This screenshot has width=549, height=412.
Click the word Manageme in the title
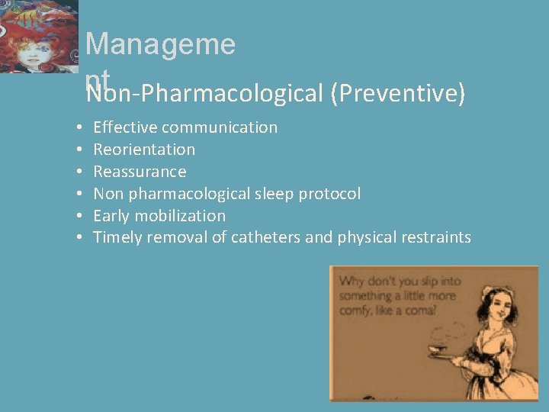(160, 44)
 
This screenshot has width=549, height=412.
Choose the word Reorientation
(144, 150)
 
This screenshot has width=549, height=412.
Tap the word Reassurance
(140, 172)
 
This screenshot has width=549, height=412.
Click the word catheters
(266, 238)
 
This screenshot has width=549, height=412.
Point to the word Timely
(117, 238)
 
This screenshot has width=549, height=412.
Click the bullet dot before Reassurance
(79, 172)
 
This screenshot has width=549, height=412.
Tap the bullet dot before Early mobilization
(79, 216)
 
